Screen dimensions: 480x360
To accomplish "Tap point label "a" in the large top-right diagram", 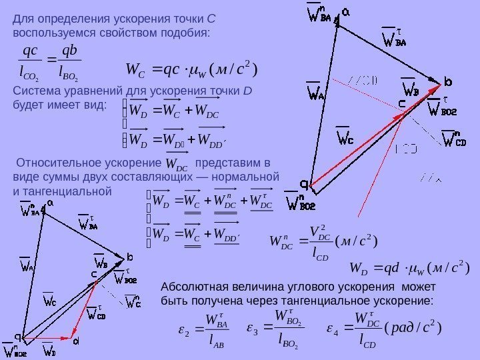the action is [x=347, y=13].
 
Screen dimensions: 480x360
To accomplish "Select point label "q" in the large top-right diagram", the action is [x=304, y=183].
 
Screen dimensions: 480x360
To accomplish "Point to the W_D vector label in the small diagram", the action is [x=49, y=348].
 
